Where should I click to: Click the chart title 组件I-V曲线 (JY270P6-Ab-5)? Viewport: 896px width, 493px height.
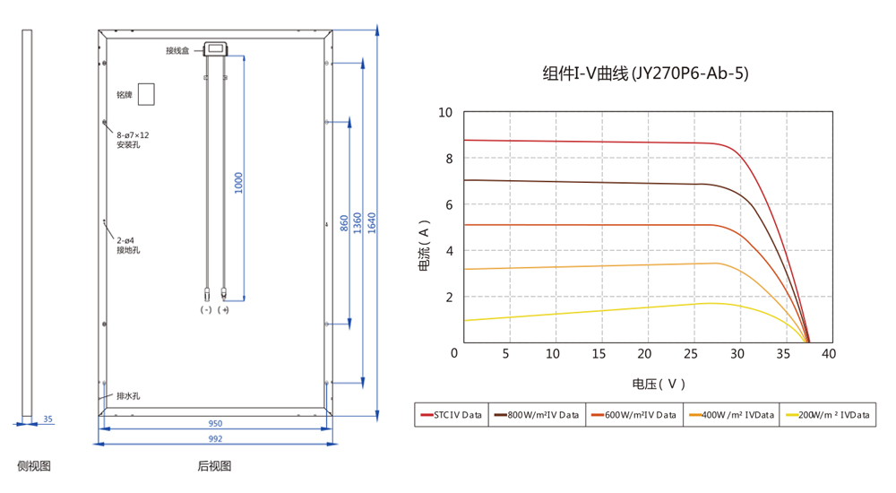click(x=645, y=74)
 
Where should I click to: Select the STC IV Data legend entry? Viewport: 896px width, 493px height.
click(x=452, y=415)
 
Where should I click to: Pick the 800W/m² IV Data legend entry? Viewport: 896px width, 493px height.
click(x=537, y=415)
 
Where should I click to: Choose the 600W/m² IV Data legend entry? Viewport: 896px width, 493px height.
click(x=633, y=415)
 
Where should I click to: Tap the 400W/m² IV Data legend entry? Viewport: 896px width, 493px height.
click(x=731, y=415)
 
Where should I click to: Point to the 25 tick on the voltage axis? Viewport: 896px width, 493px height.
click(x=691, y=354)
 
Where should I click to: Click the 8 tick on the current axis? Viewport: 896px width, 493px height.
click(x=449, y=159)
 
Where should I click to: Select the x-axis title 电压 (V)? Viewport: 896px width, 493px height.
click(x=659, y=384)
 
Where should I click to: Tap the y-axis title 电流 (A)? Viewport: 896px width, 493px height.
click(x=424, y=246)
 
